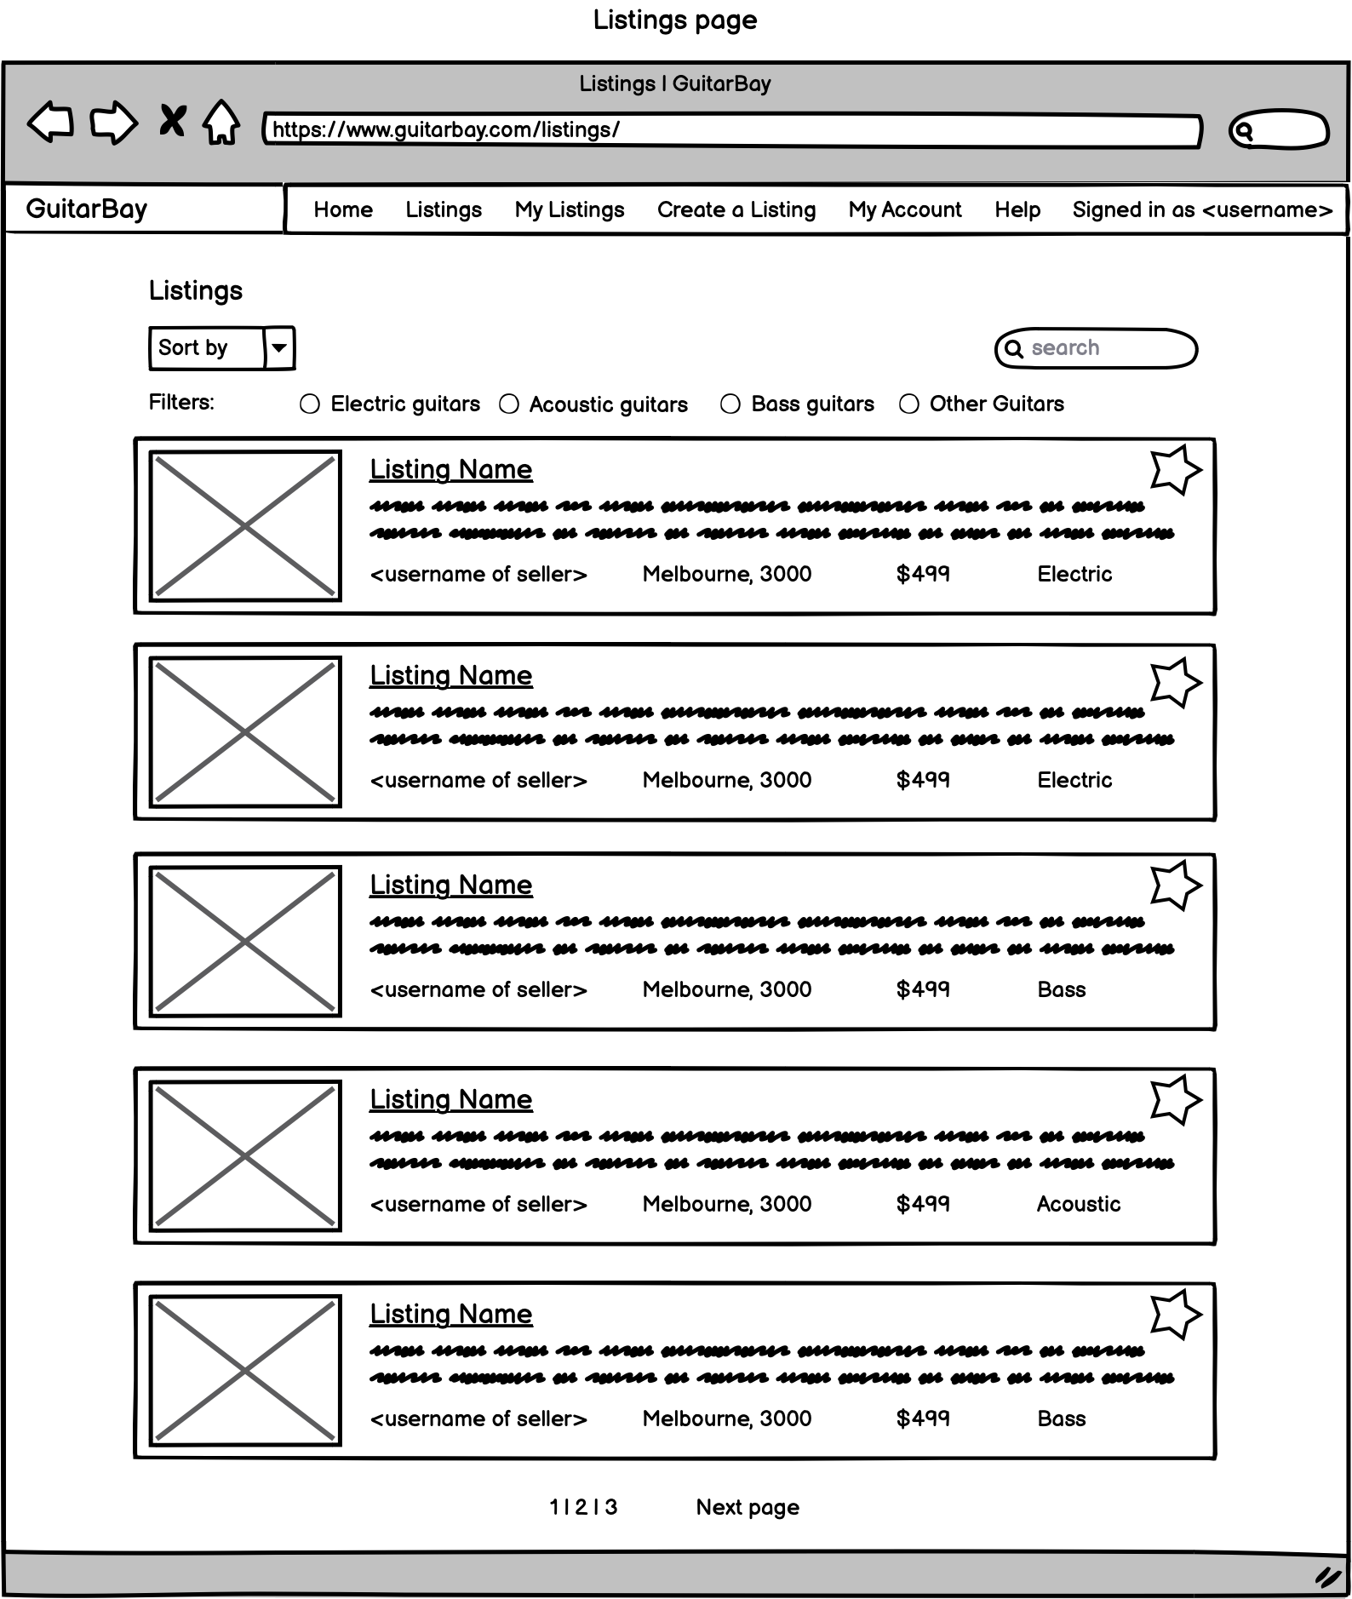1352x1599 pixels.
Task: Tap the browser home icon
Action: (221, 123)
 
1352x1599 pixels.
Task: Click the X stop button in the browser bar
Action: (172, 121)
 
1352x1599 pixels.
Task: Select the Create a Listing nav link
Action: (736, 210)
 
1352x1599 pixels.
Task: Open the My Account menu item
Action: (904, 210)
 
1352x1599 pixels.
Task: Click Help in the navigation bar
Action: (1017, 210)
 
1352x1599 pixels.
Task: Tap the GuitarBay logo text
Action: (87, 209)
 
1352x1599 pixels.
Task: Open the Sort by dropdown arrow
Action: (278, 348)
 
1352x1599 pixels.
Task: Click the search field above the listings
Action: (1097, 348)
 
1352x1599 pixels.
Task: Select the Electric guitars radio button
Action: (310, 404)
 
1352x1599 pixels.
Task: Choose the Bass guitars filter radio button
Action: (730, 404)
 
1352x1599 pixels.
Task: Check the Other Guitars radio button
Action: (909, 404)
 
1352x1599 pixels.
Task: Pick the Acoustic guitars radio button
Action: (509, 404)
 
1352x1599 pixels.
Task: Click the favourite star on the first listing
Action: (1175, 469)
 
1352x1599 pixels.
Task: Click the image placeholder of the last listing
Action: (245, 1370)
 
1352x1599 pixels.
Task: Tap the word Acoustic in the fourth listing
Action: (1078, 1204)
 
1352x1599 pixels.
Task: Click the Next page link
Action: (748, 1507)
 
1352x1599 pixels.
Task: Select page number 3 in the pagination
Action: (610, 1507)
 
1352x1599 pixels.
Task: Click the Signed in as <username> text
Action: (1201, 210)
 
